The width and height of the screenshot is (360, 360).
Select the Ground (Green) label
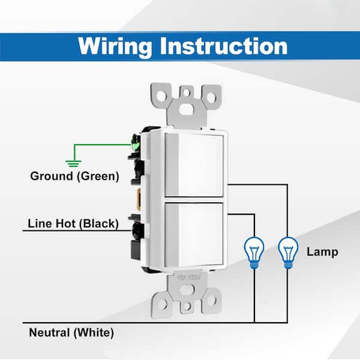pos(75,176)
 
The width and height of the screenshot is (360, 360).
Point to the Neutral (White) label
pos(71,332)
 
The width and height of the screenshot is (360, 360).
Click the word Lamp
pos(322,252)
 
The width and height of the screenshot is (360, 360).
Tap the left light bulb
pos(254,252)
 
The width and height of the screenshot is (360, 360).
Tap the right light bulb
pos(288,252)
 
